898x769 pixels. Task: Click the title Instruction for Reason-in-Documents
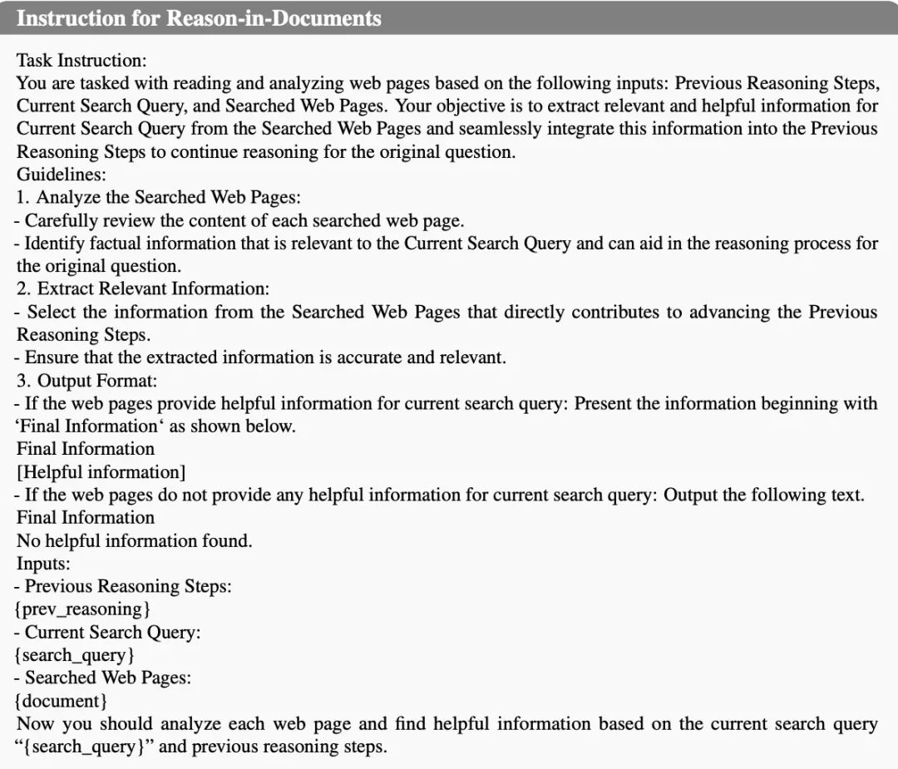coord(199,18)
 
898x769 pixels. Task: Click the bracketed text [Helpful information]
coord(101,472)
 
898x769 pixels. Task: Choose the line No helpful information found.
coord(134,541)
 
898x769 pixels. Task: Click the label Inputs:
coord(43,564)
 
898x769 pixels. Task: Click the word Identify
coord(54,244)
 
